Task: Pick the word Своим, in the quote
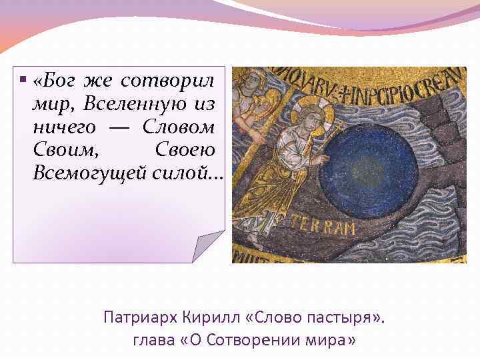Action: (x=61, y=150)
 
